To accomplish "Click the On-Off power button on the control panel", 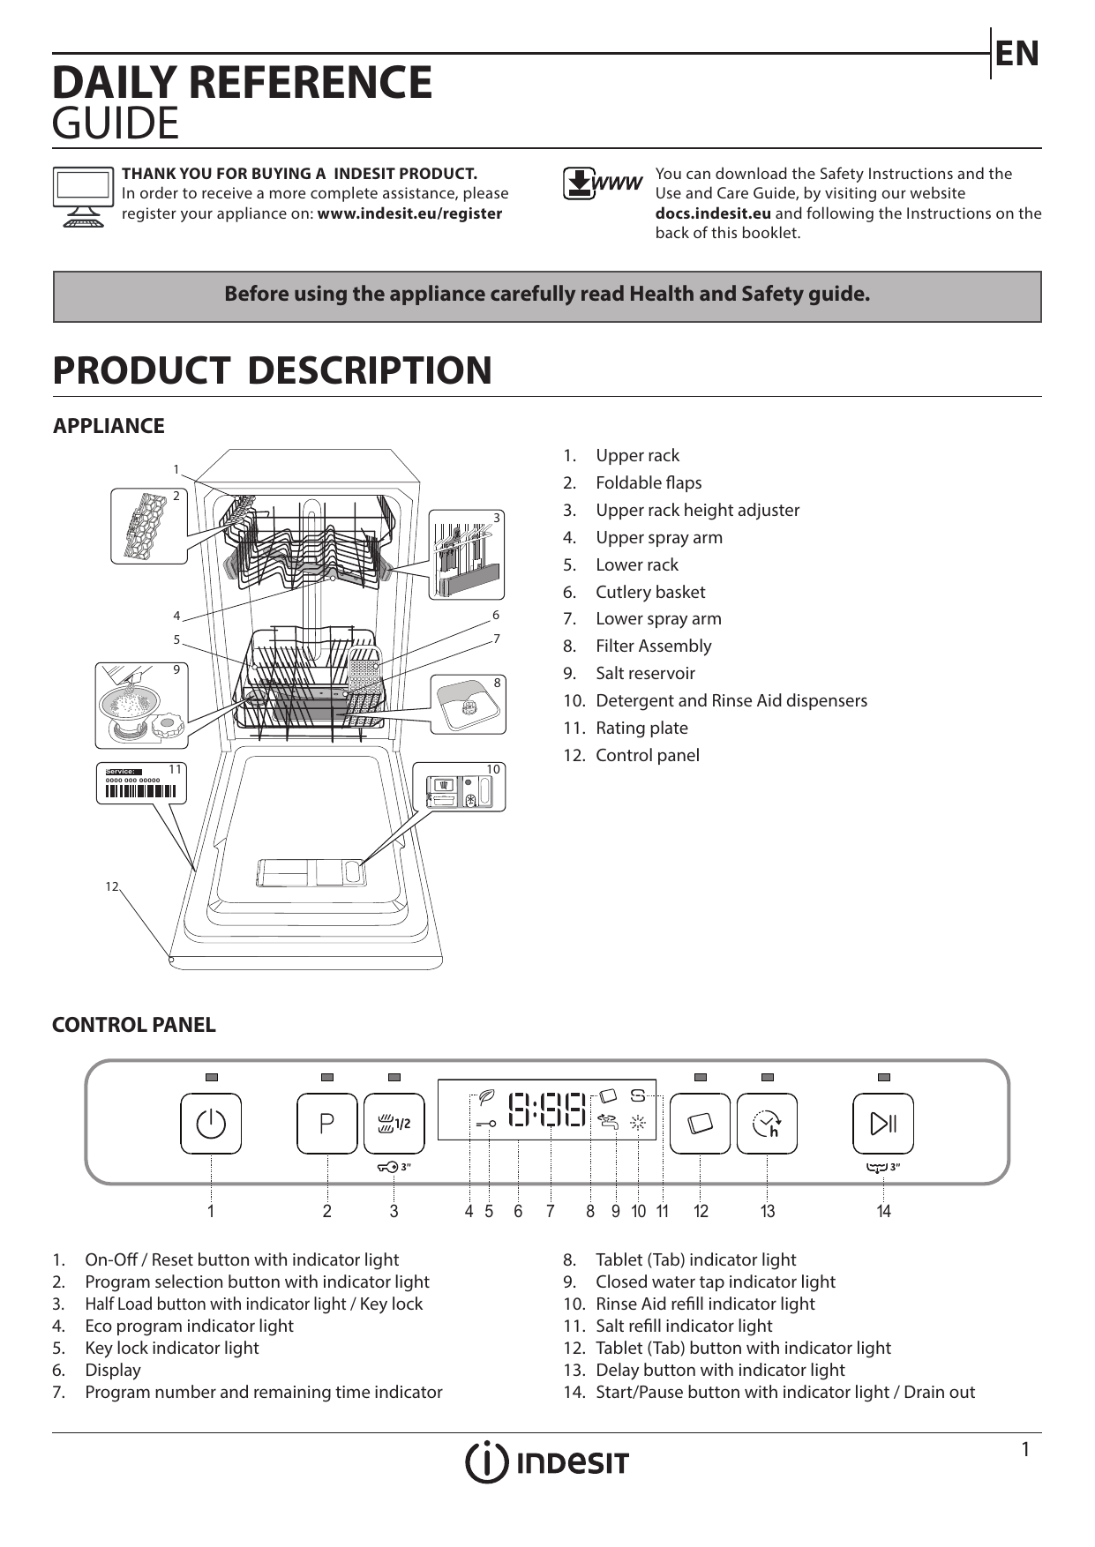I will (211, 1123).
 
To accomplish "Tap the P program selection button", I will (327, 1123).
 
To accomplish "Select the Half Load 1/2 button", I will (394, 1123).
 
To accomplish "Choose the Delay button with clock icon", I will (767, 1123).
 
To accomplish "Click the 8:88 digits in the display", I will (548, 1110).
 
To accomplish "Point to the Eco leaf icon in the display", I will (485, 1097).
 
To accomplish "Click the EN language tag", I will (1017, 54).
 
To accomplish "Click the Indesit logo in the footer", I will (547, 1463).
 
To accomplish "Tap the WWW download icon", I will (603, 183).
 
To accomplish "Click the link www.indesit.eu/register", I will (409, 213).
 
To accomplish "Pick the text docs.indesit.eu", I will (713, 213).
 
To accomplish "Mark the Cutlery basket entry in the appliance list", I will (650, 592).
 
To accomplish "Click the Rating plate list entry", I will (641, 728).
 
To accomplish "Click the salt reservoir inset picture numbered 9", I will (141, 705).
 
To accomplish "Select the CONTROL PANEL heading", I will (134, 1025).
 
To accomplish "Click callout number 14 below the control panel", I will (883, 1212).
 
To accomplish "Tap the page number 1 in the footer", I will (1025, 1450).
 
